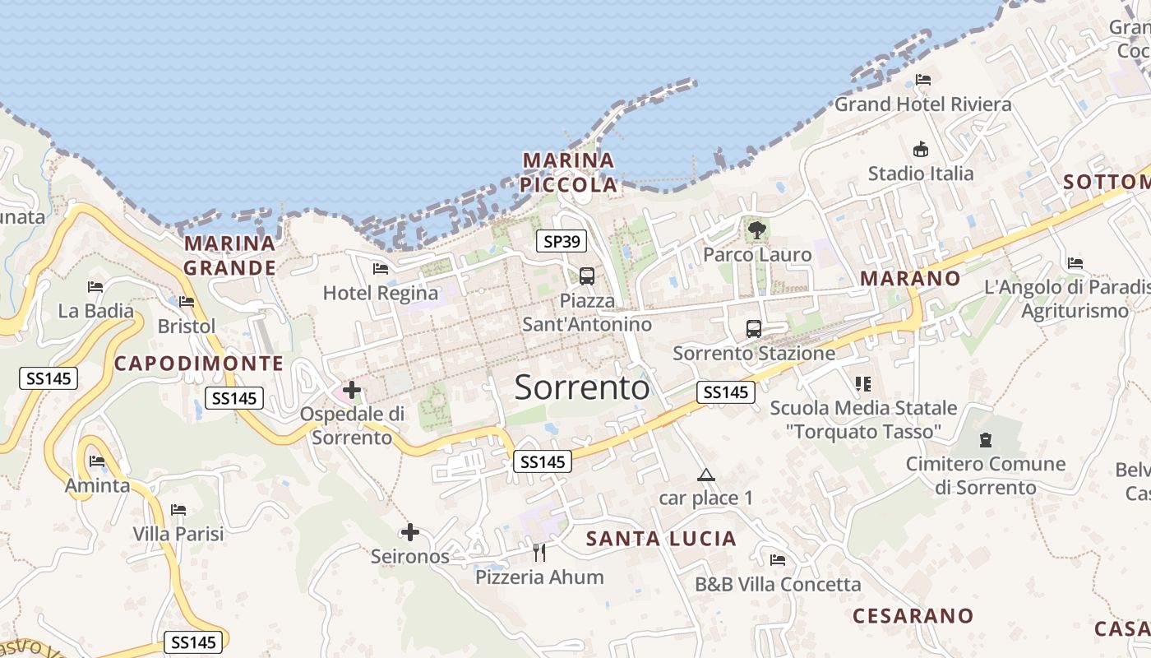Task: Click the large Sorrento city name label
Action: click(582, 387)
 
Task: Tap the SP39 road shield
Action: click(562, 241)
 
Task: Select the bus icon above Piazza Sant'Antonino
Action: click(587, 276)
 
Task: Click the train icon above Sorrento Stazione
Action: click(753, 329)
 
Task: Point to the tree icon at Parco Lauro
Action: click(757, 230)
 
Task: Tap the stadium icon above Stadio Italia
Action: click(921, 150)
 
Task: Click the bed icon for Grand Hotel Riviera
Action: click(923, 80)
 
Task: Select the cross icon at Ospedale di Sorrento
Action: click(352, 389)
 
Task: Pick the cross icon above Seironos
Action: click(410, 532)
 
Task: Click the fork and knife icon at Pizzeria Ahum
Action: click(539, 553)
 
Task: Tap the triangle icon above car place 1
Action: click(705, 475)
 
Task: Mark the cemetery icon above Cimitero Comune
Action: click(986, 440)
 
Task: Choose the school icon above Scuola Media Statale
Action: click(862, 383)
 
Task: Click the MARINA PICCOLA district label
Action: click(569, 173)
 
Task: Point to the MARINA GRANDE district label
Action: click(230, 255)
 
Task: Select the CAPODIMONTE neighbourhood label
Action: click(199, 364)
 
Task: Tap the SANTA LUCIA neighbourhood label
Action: click(661, 539)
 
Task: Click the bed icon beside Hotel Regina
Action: click(381, 268)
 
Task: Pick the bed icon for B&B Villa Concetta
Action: click(778, 560)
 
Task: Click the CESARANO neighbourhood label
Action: click(913, 616)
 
